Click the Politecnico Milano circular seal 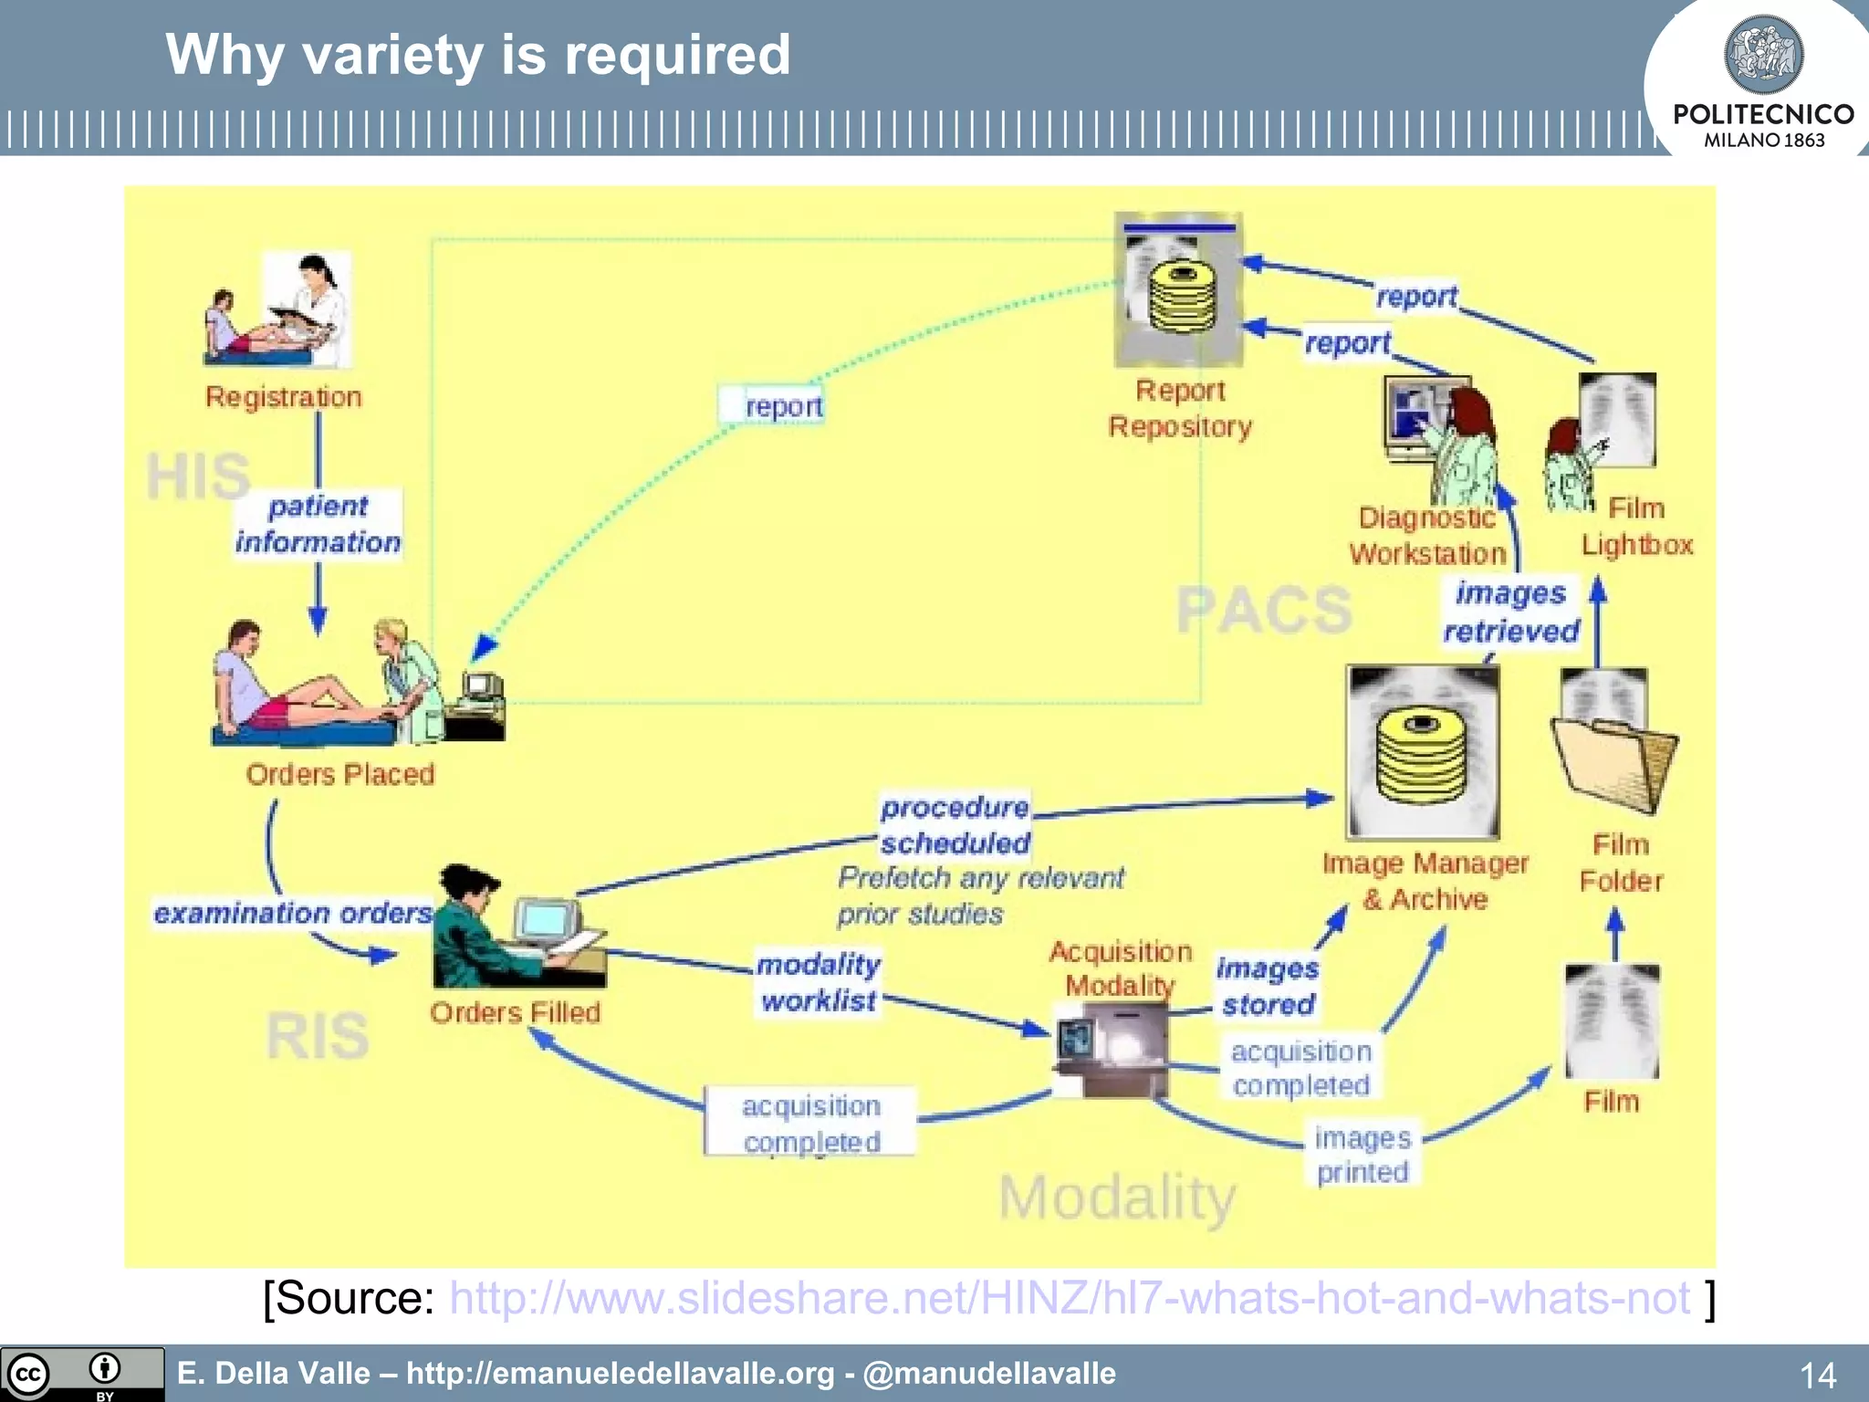click(x=1763, y=55)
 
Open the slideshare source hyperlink click(x=1070, y=1298)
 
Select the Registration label click(x=283, y=397)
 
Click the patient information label click(x=318, y=524)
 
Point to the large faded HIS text click(x=198, y=476)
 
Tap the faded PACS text click(x=1264, y=610)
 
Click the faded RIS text click(x=318, y=1036)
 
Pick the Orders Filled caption click(x=515, y=1012)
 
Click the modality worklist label click(x=819, y=982)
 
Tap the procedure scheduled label click(x=955, y=825)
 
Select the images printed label click(x=1363, y=1155)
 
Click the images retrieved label click(x=1511, y=612)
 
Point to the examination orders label click(x=292, y=913)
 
